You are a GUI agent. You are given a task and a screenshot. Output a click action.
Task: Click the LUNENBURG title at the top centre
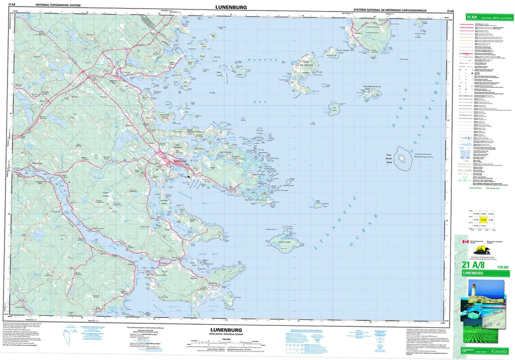(230, 7)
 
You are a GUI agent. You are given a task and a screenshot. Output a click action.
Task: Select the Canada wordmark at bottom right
(499, 348)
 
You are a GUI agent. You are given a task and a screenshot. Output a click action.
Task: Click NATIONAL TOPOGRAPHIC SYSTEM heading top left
(55, 5)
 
